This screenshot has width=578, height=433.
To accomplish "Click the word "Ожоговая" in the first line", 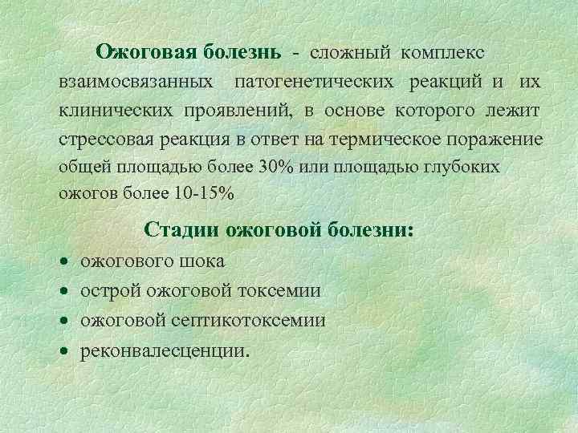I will coord(146,52).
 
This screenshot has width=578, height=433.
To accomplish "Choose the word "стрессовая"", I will coord(104,140).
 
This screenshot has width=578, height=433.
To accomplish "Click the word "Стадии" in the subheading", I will coord(182,231).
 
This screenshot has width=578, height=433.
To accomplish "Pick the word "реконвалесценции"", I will coord(165,350).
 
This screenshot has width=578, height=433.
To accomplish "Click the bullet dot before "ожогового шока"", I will coord(63,262).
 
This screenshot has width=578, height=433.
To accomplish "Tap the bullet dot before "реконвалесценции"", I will coord(63,351).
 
